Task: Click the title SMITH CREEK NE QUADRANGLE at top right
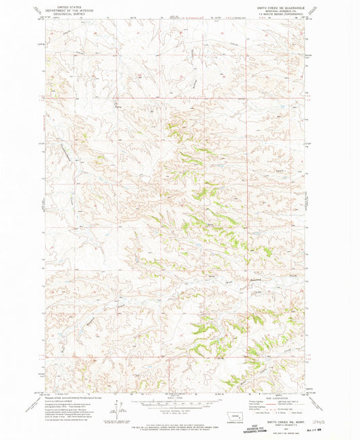coord(276,7)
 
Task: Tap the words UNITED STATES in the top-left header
coord(70,4)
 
